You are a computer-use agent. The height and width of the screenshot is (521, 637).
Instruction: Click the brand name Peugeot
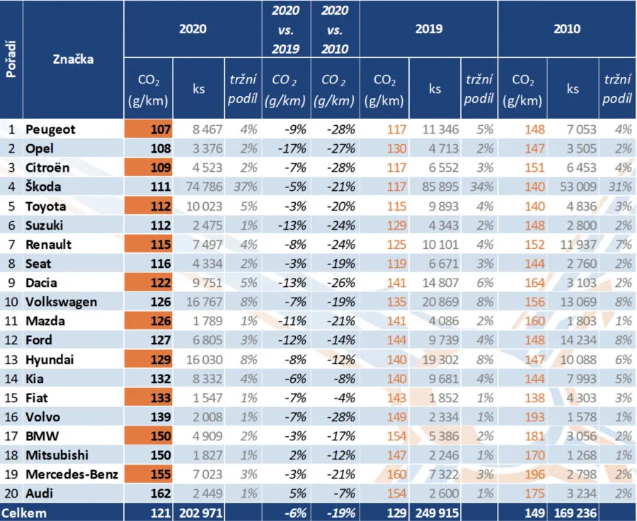tap(50, 130)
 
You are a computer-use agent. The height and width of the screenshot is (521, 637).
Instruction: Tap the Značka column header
tap(73, 59)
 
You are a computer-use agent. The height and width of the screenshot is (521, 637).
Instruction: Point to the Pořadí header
tap(11, 59)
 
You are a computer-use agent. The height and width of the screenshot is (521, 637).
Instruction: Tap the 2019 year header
tap(429, 29)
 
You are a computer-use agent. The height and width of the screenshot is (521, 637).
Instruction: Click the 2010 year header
tap(567, 29)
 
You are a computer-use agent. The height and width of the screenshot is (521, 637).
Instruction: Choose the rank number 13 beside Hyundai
tap(11, 360)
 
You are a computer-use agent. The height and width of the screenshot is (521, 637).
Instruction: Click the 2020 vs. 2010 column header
tap(334, 29)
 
